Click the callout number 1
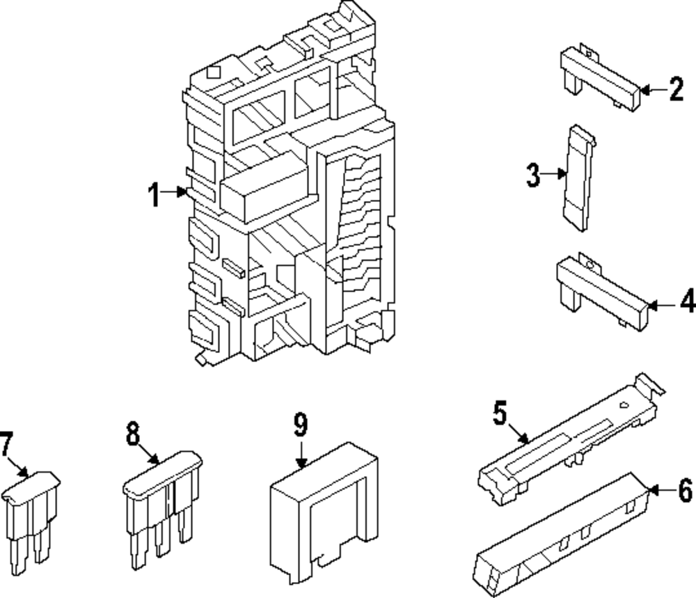(x=154, y=194)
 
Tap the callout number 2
(x=677, y=90)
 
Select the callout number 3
(x=533, y=175)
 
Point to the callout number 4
(x=688, y=301)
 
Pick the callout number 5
(x=500, y=413)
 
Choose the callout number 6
(x=686, y=490)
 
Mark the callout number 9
(x=301, y=425)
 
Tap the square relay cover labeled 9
(x=324, y=512)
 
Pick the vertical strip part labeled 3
(x=579, y=178)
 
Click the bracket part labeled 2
(x=601, y=77)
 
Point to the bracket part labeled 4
(x=602, y=292)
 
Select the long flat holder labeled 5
(x=571, y=439)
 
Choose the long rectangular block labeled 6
(x=562, y=535)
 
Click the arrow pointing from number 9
(x=301, y=453)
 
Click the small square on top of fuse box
(x=214, y=72)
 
